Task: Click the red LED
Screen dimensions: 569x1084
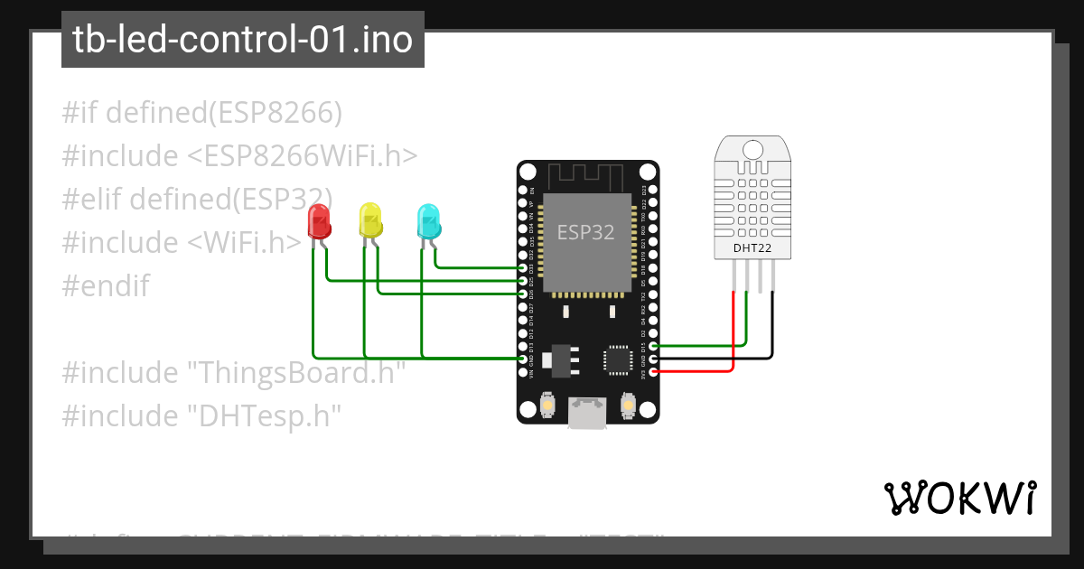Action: coord(319,221)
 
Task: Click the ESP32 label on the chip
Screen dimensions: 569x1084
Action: coord(585,233)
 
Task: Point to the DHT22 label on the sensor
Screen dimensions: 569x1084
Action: coord(752,247)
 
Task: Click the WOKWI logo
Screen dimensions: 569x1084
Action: coord(958,498)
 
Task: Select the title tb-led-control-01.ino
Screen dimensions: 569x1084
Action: coord(242,40)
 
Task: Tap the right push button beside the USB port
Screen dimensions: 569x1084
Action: coord(628,407)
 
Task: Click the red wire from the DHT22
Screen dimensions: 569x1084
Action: coord(733,334)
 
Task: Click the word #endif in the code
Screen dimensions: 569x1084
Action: coord(106,286)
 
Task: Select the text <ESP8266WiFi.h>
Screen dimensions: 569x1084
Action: coord(302,156)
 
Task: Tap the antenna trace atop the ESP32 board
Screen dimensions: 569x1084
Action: coord(587,173)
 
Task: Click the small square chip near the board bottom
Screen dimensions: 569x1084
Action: coord(619,359)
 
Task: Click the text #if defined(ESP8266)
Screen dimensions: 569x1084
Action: coord(202,113)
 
